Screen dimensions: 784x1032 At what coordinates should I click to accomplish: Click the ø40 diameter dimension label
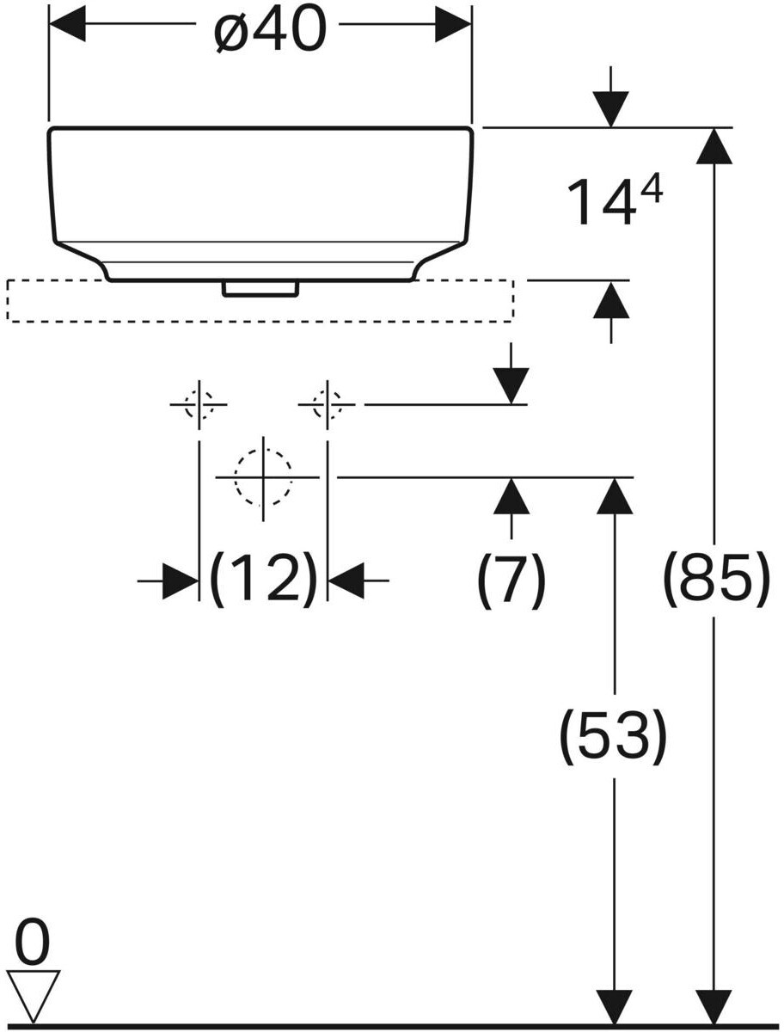tap(270, 30)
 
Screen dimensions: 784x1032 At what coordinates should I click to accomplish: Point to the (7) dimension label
tap(511, 582)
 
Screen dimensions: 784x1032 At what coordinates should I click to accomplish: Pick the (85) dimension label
tap(716, 581)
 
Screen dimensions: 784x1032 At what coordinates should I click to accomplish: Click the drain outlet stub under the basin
tap(260, 289)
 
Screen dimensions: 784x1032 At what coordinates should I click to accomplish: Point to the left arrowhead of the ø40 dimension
tap(67, 23)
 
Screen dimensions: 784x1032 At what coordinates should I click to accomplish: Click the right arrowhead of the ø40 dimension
tap(453, 23)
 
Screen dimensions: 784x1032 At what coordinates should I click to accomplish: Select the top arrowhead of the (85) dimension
tap(714, 145)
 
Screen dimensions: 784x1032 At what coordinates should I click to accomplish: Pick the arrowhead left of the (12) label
tap(181, 581)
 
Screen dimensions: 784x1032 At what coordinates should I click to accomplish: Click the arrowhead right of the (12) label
tap(346, 581)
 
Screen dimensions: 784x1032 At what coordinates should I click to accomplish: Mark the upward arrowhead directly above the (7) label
tap(511, 496)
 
